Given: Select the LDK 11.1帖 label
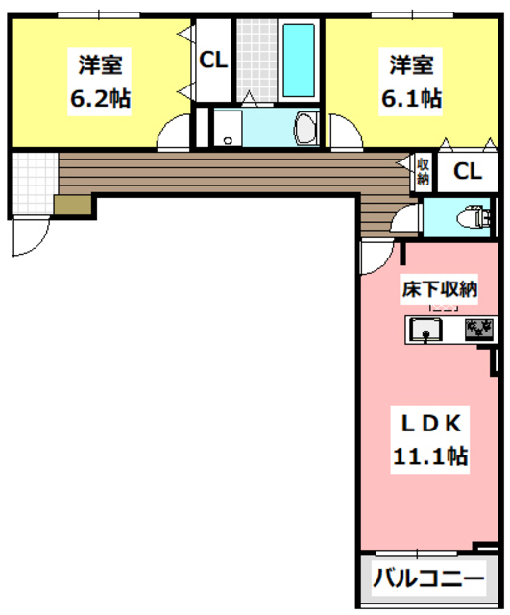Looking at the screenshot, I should click(428, 439).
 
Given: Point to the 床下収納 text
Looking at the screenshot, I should click(439, 287).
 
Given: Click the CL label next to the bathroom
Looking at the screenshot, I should click(212, 60).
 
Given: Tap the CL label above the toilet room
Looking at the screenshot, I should click(467, 172).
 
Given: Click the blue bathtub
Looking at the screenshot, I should click(300, 57).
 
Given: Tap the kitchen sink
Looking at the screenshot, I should click(425, 331).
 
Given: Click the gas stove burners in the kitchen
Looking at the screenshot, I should click(478, 331).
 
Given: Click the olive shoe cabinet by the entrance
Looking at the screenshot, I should click(71, 206).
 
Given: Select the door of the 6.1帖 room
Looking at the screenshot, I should click(346, 134).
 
